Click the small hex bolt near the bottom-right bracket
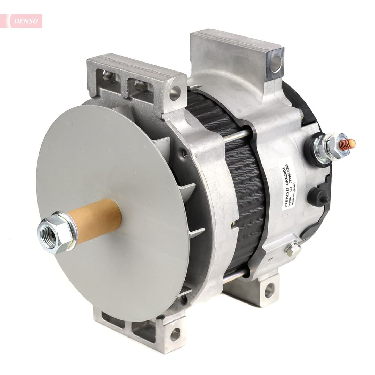pyautogui.click(x=293, y=249)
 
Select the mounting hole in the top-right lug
pyautogui.click(x=276, y=62)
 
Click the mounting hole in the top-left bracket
pyautogui.click(x=175, y=93)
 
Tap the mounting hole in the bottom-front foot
pyautogui.click(x=175, y=334)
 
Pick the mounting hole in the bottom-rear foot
pyautogui.click(x=269, y=290)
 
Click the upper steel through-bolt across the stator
pyautogui.click(x=236, y=136)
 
